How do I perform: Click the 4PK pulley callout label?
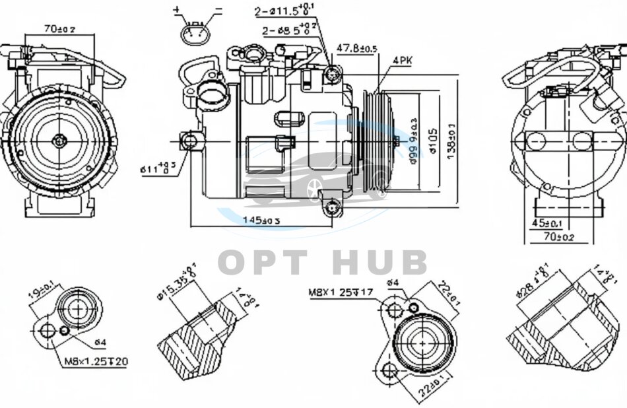coord(403,60)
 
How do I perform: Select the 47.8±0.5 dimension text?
coord(357,48)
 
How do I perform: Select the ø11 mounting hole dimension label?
coord(158,168)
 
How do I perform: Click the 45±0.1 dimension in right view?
coord(548,223)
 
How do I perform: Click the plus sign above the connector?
coord(176,10)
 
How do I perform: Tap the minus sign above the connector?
coord(218,10)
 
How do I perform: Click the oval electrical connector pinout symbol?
coord(197,34)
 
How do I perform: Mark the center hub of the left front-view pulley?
coord(60,139)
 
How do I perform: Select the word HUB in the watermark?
coord(379,262)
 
